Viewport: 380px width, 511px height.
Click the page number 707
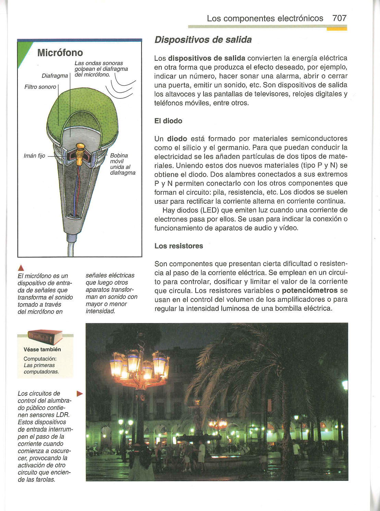(339, 18)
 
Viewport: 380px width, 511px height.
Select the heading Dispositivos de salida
(203, 40)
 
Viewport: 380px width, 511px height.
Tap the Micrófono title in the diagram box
(60, 53)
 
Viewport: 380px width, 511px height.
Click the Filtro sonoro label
(40, 87)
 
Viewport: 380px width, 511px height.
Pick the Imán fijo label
(34, 156)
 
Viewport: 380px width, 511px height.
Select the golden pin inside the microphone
(79, 150)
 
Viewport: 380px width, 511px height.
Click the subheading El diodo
(168, 121)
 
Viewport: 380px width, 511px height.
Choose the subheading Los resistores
(179, 246)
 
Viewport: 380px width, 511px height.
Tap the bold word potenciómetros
(309, 290)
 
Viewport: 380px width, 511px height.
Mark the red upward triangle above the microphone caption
(21, 268)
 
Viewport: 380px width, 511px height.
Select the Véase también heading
(42, 349)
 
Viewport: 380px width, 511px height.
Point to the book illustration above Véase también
(45, 336)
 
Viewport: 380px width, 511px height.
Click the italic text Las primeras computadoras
(41, 369)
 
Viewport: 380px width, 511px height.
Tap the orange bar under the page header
(337, 29)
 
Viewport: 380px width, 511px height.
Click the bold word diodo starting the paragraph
(177, 139)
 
